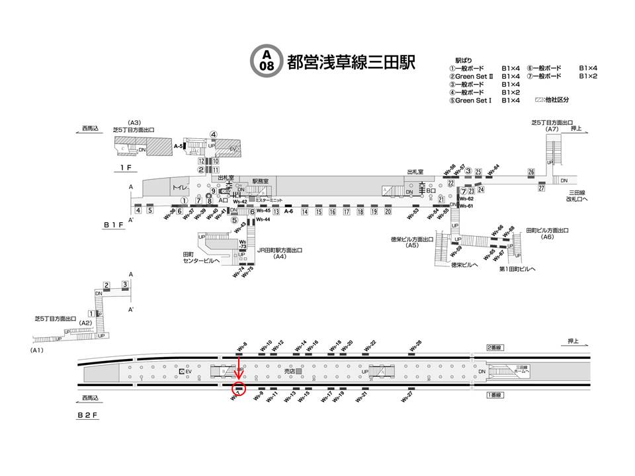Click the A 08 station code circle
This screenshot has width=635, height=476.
click(266, 61)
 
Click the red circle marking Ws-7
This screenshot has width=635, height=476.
click(239, 390)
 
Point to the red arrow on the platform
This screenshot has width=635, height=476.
click(239, 371)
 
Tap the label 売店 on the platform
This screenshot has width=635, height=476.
click(289, 373)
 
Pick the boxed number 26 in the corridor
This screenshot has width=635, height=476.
click(531, 173)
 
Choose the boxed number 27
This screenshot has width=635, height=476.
click(541, 188)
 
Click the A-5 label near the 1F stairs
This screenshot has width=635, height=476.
click(178, 146)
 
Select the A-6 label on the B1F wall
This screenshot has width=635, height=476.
click(288, 212)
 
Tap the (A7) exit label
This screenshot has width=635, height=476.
click(553, 129)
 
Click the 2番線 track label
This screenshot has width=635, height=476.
click(495, 347)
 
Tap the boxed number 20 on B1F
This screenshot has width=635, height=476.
click(388, 212)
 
